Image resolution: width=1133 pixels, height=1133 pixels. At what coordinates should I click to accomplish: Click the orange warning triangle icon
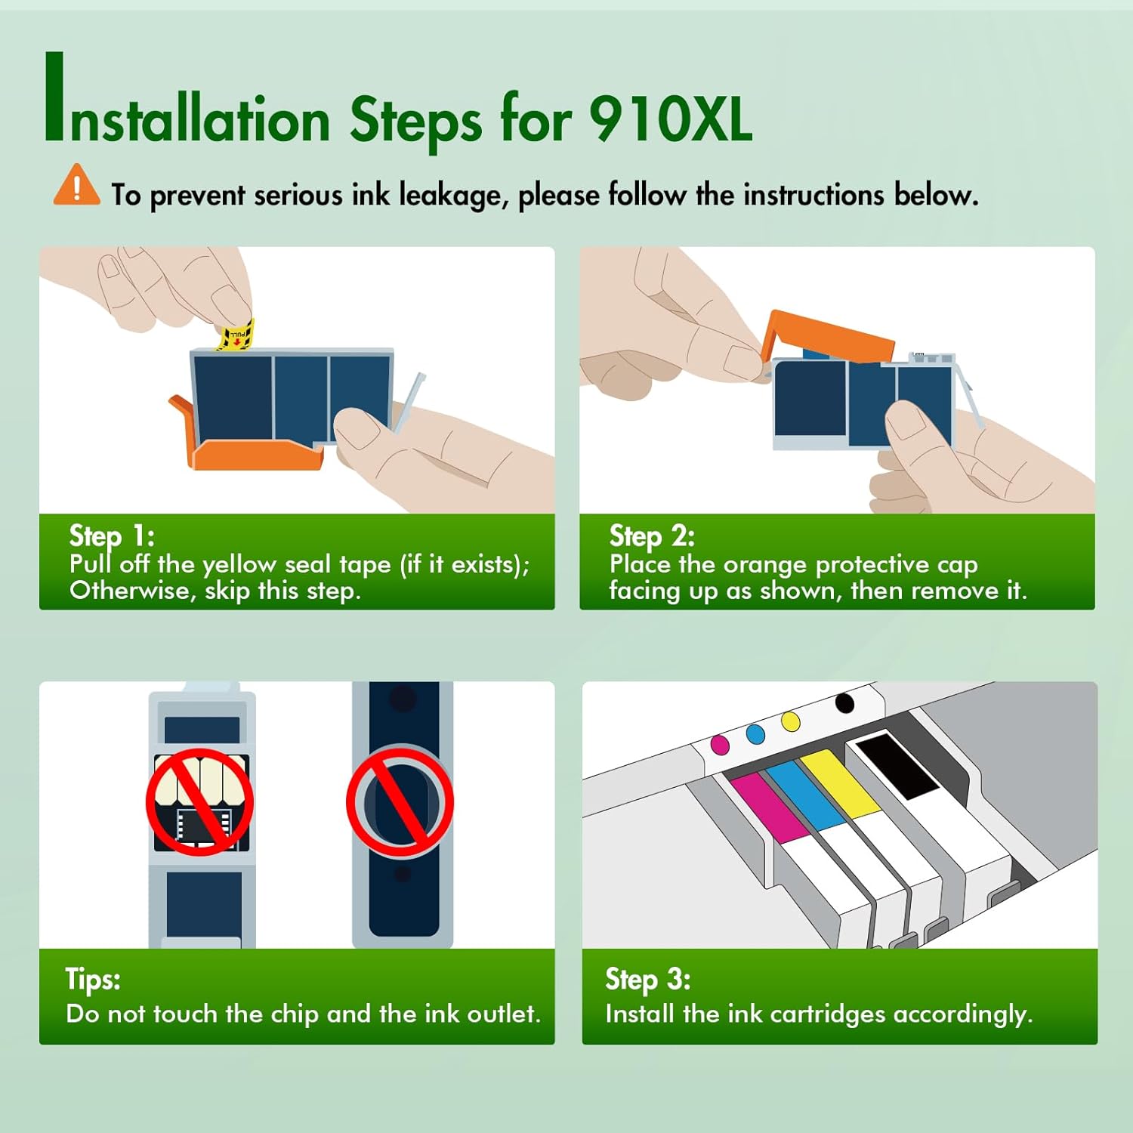point(76,185)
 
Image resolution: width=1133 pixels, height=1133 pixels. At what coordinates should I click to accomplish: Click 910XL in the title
point(671,119)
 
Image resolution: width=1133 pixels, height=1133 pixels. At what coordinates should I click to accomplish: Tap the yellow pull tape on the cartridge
point(236,335)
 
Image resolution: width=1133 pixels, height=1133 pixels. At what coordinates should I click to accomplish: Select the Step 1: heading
point(112,536)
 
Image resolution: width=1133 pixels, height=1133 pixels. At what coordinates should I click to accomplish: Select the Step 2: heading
point(652,536)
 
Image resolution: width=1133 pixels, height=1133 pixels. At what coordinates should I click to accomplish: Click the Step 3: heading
point(648,979)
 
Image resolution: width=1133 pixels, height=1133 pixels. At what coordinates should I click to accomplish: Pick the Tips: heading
point(93,979)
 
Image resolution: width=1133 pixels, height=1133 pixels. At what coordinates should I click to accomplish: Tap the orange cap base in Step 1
point(249,446)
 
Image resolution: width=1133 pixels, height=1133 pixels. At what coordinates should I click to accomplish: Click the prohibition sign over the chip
point(200,801)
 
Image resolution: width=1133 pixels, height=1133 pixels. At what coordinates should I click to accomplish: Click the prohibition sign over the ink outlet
point(400,801)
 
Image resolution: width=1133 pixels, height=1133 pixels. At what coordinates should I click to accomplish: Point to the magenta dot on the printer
point(721,744)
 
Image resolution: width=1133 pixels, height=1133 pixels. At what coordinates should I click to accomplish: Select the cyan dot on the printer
point(755,733)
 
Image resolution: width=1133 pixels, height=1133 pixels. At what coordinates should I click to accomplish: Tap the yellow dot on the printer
point(791,721)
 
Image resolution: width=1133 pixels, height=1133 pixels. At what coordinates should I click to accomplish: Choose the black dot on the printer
point(845,703)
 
